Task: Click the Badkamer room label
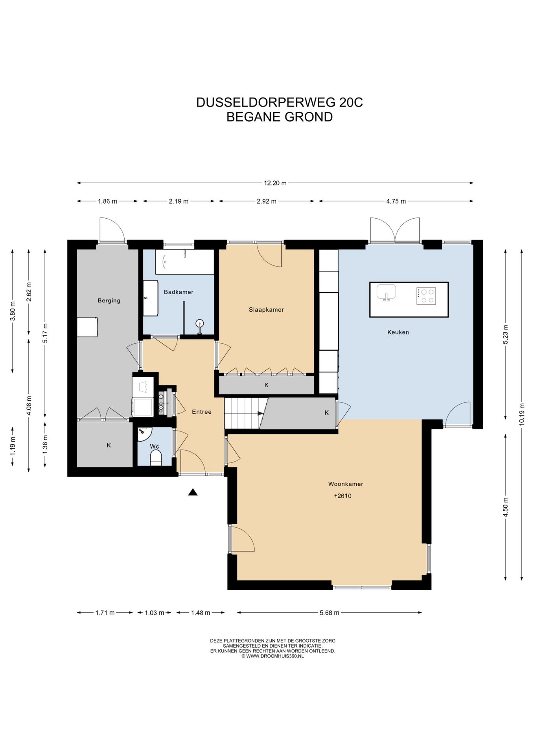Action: [x=179, y=292]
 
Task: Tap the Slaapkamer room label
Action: [x=266, y=309]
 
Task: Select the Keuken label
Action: [x=398, y=332]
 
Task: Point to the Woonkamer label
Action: [x=346, y=484]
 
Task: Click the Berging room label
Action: [x=109, y=300]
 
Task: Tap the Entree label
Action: [x=202, y=412]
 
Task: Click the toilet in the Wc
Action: [x=156, y=458]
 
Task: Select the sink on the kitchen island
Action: [x=386, y=293]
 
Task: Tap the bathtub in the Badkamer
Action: [x=184, y=261]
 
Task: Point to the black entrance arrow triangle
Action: [x=193, y=492]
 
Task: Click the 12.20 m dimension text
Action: [x=275, y=183]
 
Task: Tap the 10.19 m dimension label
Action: [x=521, y=414]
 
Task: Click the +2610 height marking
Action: [x=342, y=496]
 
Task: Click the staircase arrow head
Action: [x=260, y=413]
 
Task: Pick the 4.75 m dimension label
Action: [x=396, y=201]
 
